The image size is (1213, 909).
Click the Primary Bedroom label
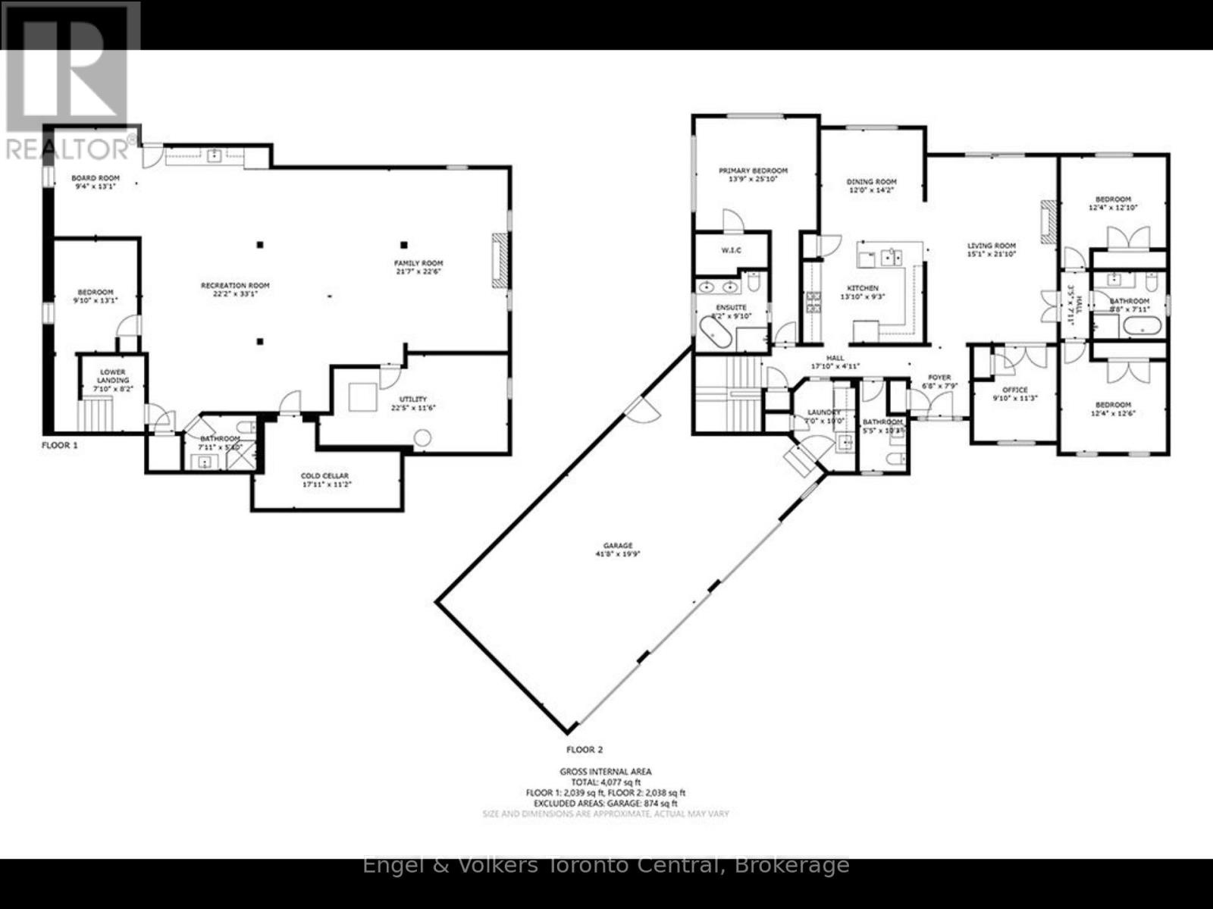tap(753, 171)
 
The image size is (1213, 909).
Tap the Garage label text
tap(617, 545)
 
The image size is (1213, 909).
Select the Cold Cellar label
tap(324, 476)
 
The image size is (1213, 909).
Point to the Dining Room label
tap(871, 182)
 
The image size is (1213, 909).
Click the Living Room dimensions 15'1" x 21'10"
tap(991, 255)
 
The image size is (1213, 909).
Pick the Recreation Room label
tap(235, 285)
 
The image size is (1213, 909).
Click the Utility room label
tap(413, 399)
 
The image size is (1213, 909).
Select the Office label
tap(1014, 390)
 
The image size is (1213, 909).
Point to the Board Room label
tap(96, 178)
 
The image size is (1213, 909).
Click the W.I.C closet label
tap(731, 250)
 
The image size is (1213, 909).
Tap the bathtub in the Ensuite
tap(716, 334)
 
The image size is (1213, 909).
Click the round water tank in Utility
tap(422, 438)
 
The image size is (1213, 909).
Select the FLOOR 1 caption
tap(59, 446)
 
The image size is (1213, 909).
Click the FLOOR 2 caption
tap(585, 750)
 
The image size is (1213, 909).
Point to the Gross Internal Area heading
tap(605, 772)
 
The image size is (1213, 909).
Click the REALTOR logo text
tap(68, 149)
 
